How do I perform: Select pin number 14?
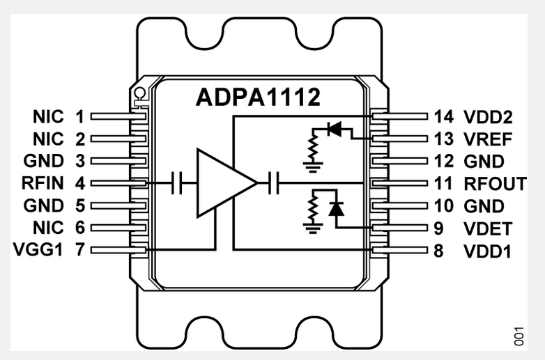[x=444, y=116]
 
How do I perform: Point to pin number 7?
[x=80, y=249]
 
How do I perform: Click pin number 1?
[x=80, y=116]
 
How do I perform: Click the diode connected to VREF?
[x=335, y=129]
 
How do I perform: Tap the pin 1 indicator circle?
[x=139, y=92]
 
